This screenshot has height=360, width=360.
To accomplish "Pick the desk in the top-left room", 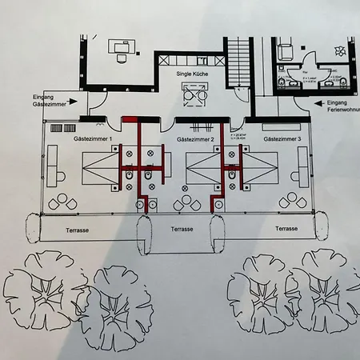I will tap(122, 48).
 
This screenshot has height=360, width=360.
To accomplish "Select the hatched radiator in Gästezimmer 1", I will tap(58, 128).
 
